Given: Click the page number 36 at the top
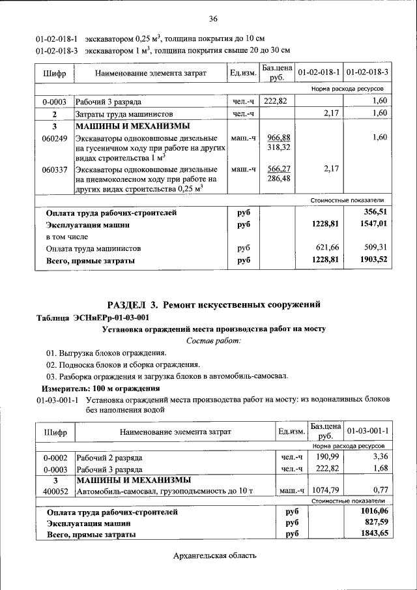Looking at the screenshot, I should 213,18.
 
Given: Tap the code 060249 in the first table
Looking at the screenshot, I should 53,138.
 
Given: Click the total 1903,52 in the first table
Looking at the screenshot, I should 372,259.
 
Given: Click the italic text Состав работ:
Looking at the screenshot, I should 213,340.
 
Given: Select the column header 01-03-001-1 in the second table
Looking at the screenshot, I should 367,431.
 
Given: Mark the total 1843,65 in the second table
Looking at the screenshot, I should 374,534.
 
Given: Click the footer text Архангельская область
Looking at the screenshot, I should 215,555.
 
